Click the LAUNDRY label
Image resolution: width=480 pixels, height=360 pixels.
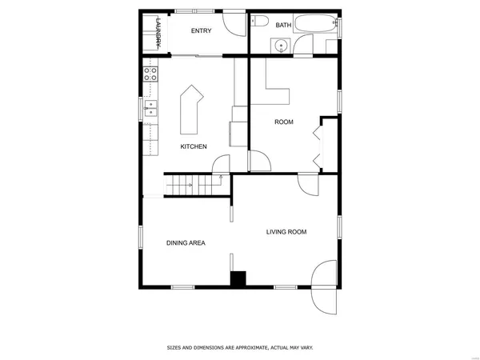tap(159, 34)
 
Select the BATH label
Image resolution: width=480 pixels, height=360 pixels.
tap(283, 26)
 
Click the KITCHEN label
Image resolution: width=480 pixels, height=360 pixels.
tap(194, 146)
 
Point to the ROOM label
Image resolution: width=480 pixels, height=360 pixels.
tap(284, 122)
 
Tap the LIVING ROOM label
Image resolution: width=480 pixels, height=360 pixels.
tap(286, 232)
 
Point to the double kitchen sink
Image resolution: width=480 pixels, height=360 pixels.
tap(150, 109)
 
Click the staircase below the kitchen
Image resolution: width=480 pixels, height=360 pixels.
tap(192, 186)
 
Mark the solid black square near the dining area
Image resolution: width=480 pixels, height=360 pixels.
tap(238, 278)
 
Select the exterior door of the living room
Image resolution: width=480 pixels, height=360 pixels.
tap(327, 286)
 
